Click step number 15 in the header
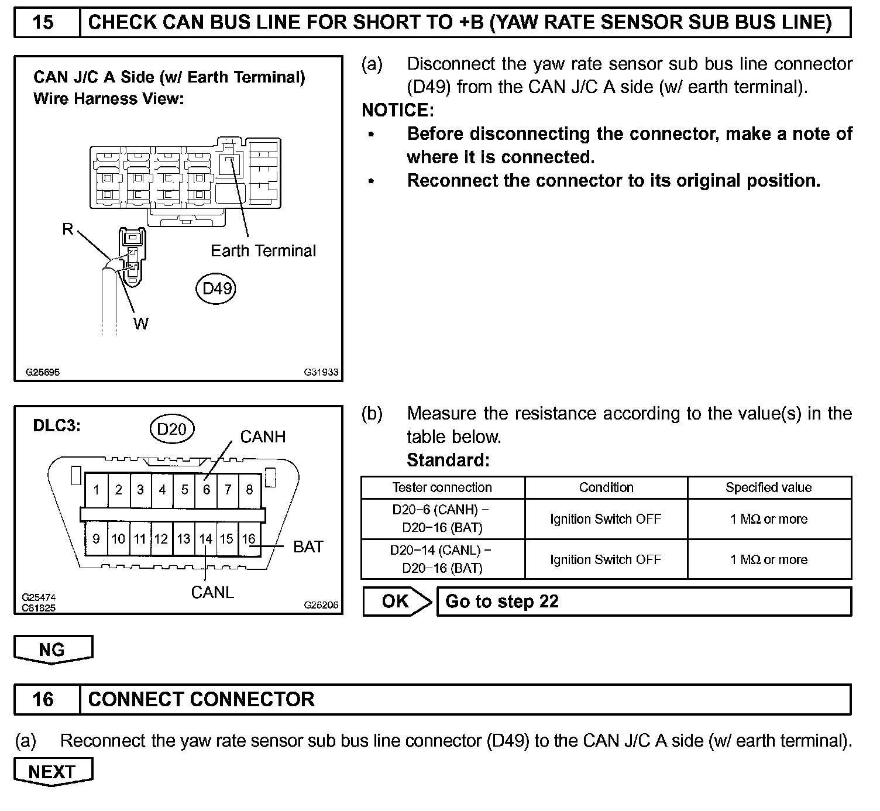(44, 23)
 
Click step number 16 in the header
(44, 699)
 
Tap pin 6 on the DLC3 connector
(206, 489)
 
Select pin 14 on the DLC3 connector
(205, 539)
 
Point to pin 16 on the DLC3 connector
(249, 539)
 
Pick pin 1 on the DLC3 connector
(97, 489)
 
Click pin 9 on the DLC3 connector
(97, 539)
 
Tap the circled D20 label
(171, 429)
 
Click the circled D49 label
(217, 288)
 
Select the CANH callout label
(263, 437)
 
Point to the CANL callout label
(212, 592)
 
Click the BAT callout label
(308, 547)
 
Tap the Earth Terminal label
(263, 251)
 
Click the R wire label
(68, 229)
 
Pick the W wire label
(141, 323)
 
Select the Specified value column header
(768, 487)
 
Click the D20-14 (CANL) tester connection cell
(442, 559)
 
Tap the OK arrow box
(397, 602)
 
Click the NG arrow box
(53, 650)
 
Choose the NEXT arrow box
(53, 772)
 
